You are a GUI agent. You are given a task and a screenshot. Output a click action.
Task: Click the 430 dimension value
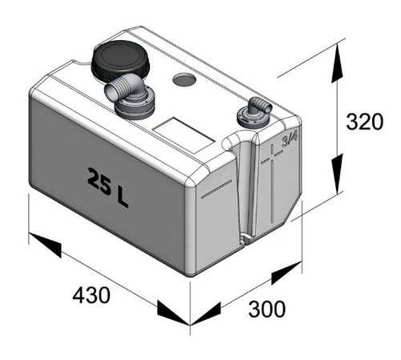(91, 295)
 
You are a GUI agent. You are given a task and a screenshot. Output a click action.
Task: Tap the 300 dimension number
(267, 309)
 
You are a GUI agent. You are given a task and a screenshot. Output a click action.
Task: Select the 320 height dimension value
(365, 122)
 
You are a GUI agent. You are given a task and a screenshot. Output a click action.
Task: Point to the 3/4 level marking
(290, 140)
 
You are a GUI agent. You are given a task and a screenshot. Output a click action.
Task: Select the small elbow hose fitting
(259, 106)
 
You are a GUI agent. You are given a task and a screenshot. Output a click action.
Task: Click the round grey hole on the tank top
(184, 79)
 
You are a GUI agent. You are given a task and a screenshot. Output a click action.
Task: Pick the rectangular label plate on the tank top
(184, 135)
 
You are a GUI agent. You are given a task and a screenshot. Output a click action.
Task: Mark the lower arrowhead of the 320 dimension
(337, 173)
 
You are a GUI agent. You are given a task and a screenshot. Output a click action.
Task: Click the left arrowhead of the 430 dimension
(45, 245)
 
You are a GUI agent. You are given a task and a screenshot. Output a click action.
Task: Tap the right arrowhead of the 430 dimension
(174, 312)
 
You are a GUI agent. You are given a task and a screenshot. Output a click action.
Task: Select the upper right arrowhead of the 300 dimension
(287, 273)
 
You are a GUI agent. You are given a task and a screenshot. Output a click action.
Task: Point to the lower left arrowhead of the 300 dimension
(205, 313)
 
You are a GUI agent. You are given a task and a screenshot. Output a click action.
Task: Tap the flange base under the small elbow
(252, 118)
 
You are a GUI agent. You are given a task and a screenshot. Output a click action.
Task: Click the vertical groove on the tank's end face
(245, 187)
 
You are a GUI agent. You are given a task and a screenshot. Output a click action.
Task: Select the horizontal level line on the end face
(217, 189)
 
